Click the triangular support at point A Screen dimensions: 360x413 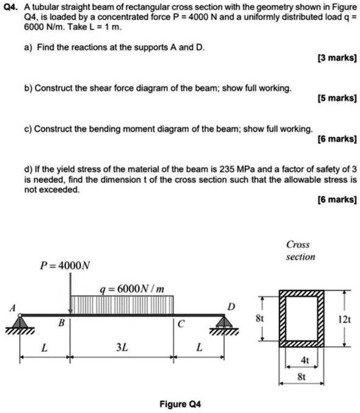[x=21, y=322]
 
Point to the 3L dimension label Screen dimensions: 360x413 [x=122, y=348]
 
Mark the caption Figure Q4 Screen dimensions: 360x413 [x=180, y=404]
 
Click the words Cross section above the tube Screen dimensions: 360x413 [x=300, y=250]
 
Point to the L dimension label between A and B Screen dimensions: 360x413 [x=44, y=348]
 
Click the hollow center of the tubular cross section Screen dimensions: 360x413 [x=301, y=319]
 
